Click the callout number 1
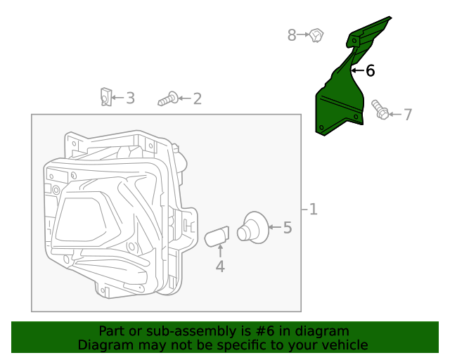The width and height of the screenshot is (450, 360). (x=313, y=209)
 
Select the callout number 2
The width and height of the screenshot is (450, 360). (x=197, y=98)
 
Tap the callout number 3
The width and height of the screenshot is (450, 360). (x=130, y=98)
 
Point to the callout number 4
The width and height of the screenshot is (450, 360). (x=220, y=266)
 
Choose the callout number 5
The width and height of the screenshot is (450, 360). (x=287, y=227)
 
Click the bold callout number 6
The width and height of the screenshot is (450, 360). (x=370, y=70)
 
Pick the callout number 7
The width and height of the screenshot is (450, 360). (x=408, y=114)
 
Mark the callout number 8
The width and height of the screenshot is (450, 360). (x=292, y=34)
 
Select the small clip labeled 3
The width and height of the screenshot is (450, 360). (x=105, y=96)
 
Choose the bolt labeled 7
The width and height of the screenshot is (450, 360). (x=380, y=110)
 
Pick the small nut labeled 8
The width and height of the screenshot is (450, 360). (x=316, y=34)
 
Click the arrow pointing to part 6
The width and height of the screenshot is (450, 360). (x=356, y=70)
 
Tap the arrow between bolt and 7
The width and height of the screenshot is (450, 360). (x=394, y=114)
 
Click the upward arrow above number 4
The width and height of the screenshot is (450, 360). (x=220, y=251)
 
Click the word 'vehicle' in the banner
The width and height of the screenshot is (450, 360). (x=345, y=345)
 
